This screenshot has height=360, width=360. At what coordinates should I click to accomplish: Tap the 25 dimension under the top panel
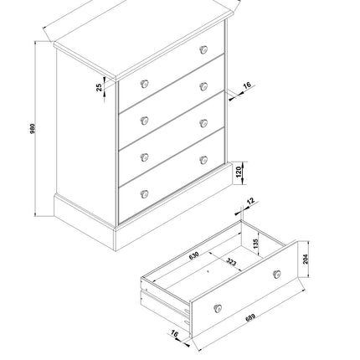pyautogui.click(x=100, y=85)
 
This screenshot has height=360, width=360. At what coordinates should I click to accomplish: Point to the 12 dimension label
pyautogui.click(x=250, y=201)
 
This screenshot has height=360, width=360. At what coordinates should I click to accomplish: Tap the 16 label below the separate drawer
pyautogui.click(x=173, y=335)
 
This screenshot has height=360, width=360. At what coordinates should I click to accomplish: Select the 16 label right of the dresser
pyautogui.click(x=248, y=85)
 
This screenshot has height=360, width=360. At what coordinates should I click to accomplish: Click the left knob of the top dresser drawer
pyautogui.click(x=144, y=83)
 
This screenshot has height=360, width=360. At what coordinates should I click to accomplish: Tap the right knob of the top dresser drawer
pyautogui.click(x=203, y=49)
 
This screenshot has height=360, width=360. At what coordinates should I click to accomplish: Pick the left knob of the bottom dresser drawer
pyautogui.click(x=144, y=193)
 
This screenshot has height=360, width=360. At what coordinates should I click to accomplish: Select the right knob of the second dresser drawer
pyautogui.click(x=203, y=86)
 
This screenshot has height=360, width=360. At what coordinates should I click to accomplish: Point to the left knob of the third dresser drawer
pyautogui.click(x=144, y=157)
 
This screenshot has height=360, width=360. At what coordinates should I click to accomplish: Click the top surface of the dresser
pyautogui.click(x=138, y=38)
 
